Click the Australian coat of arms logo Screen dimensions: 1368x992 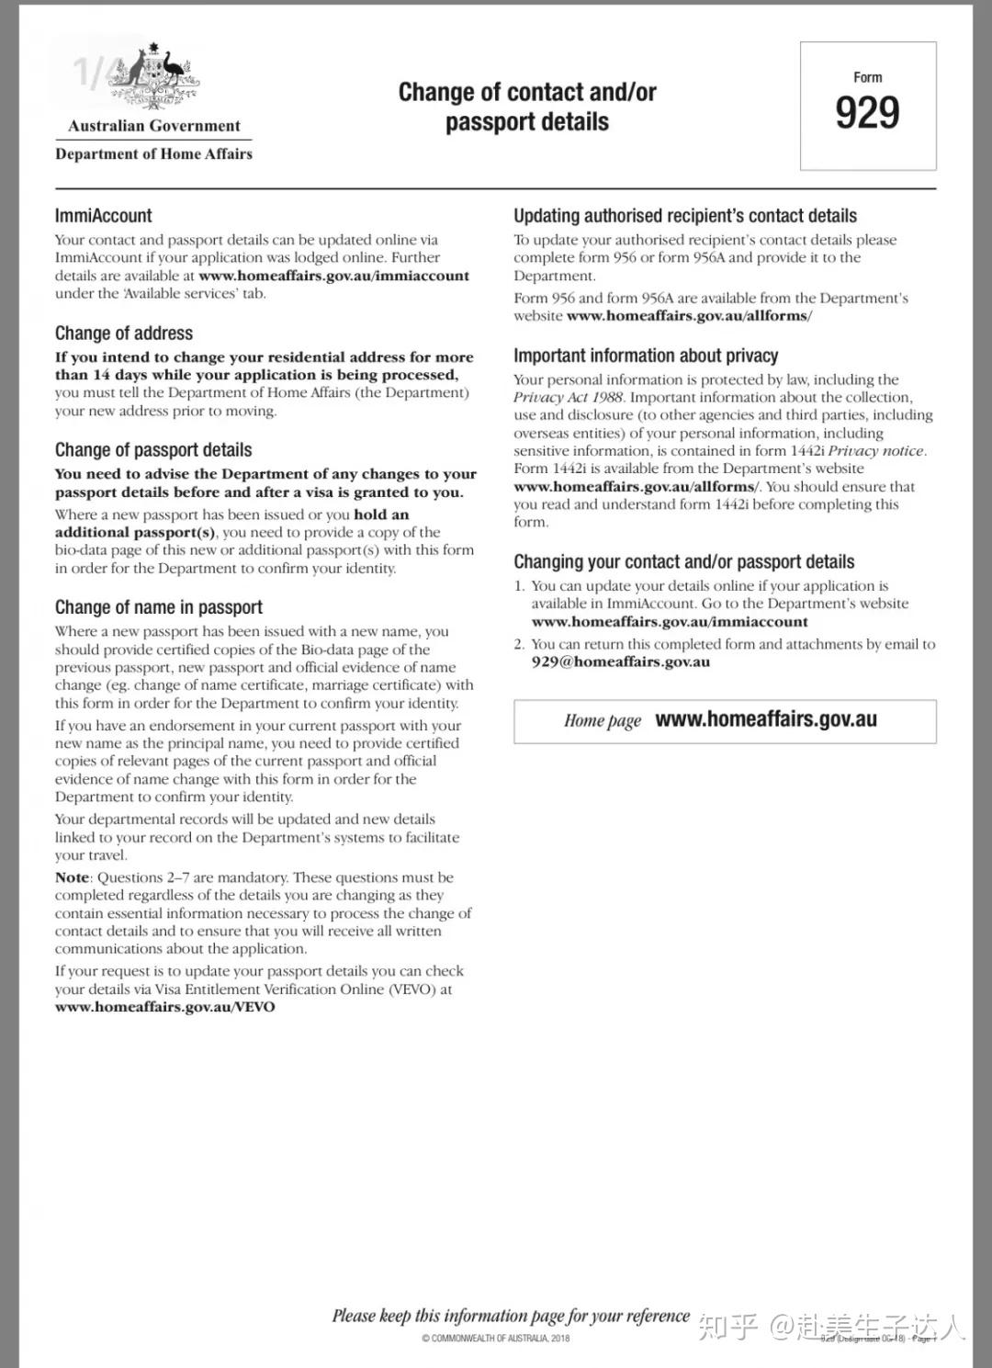[x=153, y=78]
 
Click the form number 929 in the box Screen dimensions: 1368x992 [x=867, y=113]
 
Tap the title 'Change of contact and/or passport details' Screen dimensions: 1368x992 [x=527, y=107]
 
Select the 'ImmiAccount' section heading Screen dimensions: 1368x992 [x=103, y=216]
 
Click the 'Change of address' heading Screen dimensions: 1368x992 [x=124, y=334]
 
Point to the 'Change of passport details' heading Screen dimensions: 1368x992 [x=153, y=450]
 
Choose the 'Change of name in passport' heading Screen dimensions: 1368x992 [x=158, y=607]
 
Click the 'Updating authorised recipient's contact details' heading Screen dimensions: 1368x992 [x=684, y=216]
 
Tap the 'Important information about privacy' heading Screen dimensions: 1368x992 [x=646, y=356]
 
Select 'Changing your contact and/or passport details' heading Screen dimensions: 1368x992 [x=683, y=561]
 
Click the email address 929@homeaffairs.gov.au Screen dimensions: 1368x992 [x=620, y=661]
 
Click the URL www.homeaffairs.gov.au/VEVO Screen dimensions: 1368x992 [x=164, y=1007]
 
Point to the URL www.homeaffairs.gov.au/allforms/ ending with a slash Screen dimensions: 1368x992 [x=689, y=316]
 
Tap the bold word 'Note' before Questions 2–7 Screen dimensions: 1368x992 [x=72, y=877]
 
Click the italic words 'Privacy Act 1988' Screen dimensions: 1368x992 [x=568, y=397]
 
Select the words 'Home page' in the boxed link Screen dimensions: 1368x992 [x=603, y=720]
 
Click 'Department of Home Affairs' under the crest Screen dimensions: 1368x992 [x=153, y=153]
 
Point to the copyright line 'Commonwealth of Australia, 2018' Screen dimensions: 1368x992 [x=495, y=1338]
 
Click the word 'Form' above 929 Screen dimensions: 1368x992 [x=867, y=77]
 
